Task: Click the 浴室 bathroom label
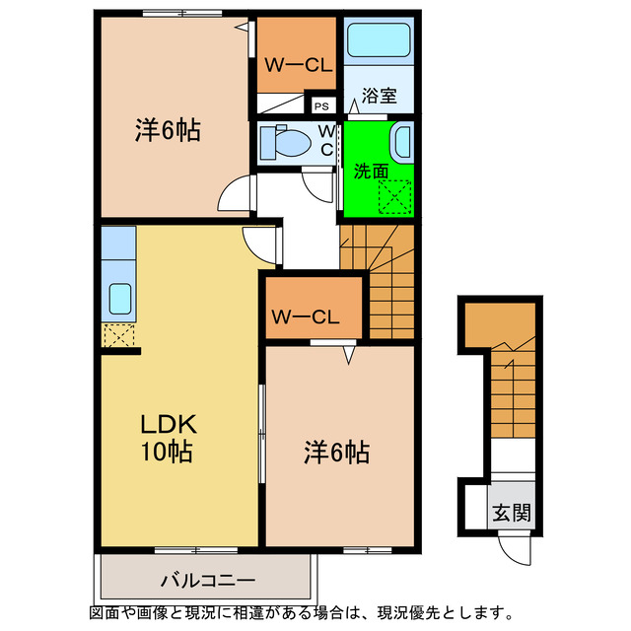[x=379, y=97]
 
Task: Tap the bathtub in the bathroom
[x=380, y=42]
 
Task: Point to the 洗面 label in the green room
[x=370, y=171]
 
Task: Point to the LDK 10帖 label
[x=167, y=439]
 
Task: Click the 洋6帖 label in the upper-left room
[x=168, y=130]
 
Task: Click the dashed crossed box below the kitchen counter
[x=117, y=334]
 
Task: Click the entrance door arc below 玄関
[x=514, y=546]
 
